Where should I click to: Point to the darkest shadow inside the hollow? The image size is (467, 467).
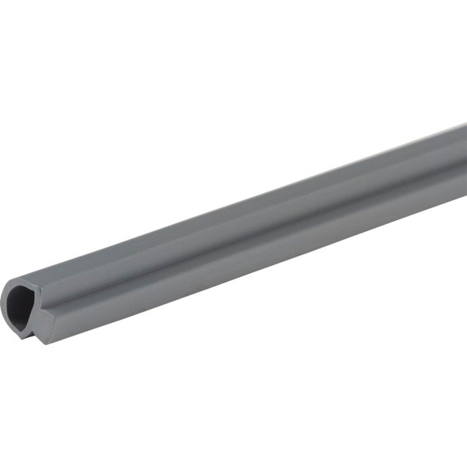(17, 301)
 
